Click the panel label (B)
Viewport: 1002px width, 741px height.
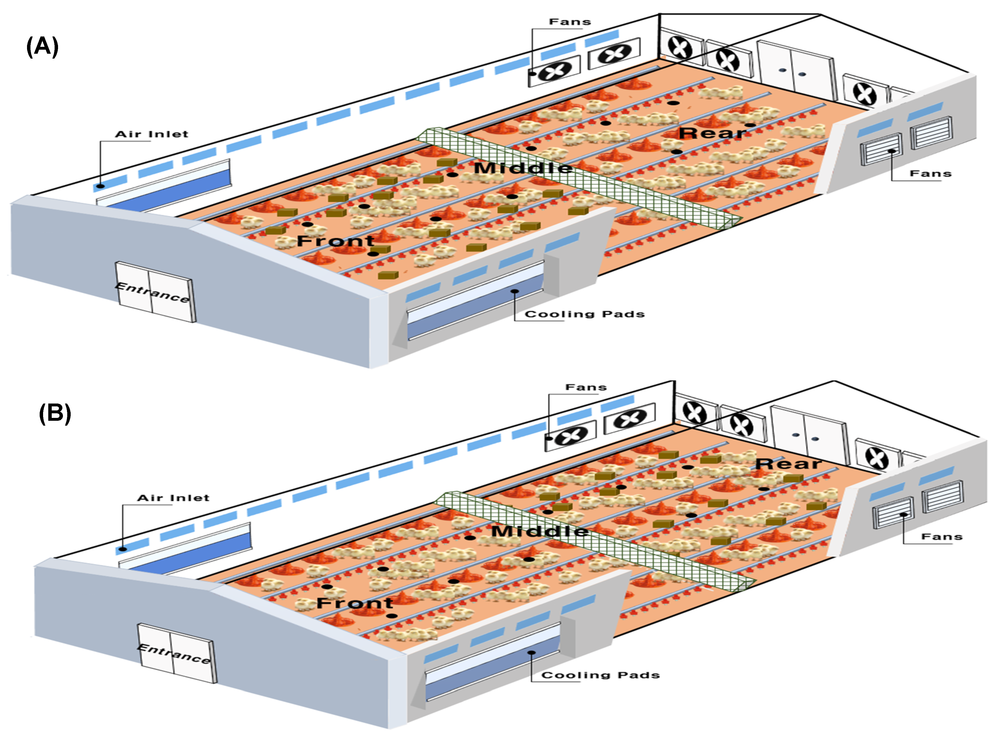tap(55, 413)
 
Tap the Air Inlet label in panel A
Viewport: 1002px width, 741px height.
tap(152, 134)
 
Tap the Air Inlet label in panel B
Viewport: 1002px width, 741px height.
tap(173, 498)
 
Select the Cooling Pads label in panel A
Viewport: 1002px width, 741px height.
tap(585, 314)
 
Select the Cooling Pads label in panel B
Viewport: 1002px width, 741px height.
tap(600, 675)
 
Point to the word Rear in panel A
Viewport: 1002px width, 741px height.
tap(712, 133)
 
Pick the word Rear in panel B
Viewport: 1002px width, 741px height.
tap(788, 464)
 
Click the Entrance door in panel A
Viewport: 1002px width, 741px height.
tap(155, 292)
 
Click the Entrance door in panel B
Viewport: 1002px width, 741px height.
tap(176, 653)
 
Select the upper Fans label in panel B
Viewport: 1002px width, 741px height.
tap(586, 387)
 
